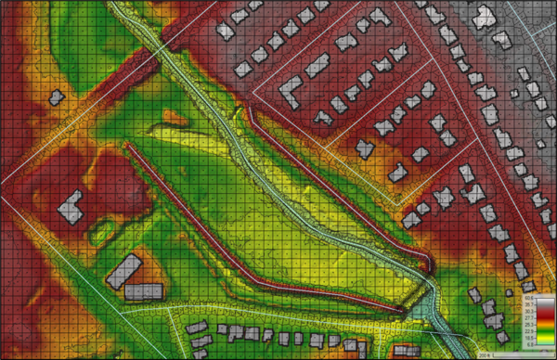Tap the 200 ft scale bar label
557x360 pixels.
coord(484,354)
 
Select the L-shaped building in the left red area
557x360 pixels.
coord(71,205)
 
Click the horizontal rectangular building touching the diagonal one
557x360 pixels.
coord(143,291)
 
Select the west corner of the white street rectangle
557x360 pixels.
coord(253,84)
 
